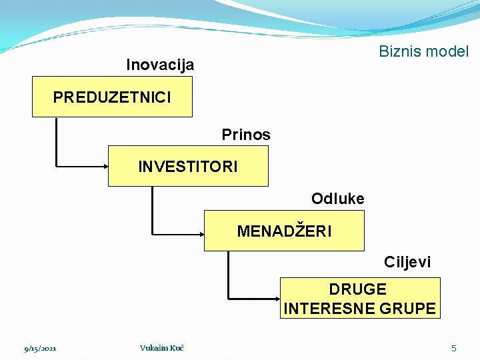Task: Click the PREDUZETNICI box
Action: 112,97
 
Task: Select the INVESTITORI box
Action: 188,167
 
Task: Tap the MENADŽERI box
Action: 284,231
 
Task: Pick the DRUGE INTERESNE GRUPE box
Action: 360,298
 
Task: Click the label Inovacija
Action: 160,65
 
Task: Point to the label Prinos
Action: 246,135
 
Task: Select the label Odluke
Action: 337,199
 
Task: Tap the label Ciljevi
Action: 407,262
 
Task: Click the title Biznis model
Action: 423,51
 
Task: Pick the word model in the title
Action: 449,51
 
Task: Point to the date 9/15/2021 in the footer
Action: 40,349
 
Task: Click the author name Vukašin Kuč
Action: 162,348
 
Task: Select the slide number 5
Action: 454,348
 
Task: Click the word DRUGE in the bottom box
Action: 357,289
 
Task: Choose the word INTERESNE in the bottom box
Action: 331,308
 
